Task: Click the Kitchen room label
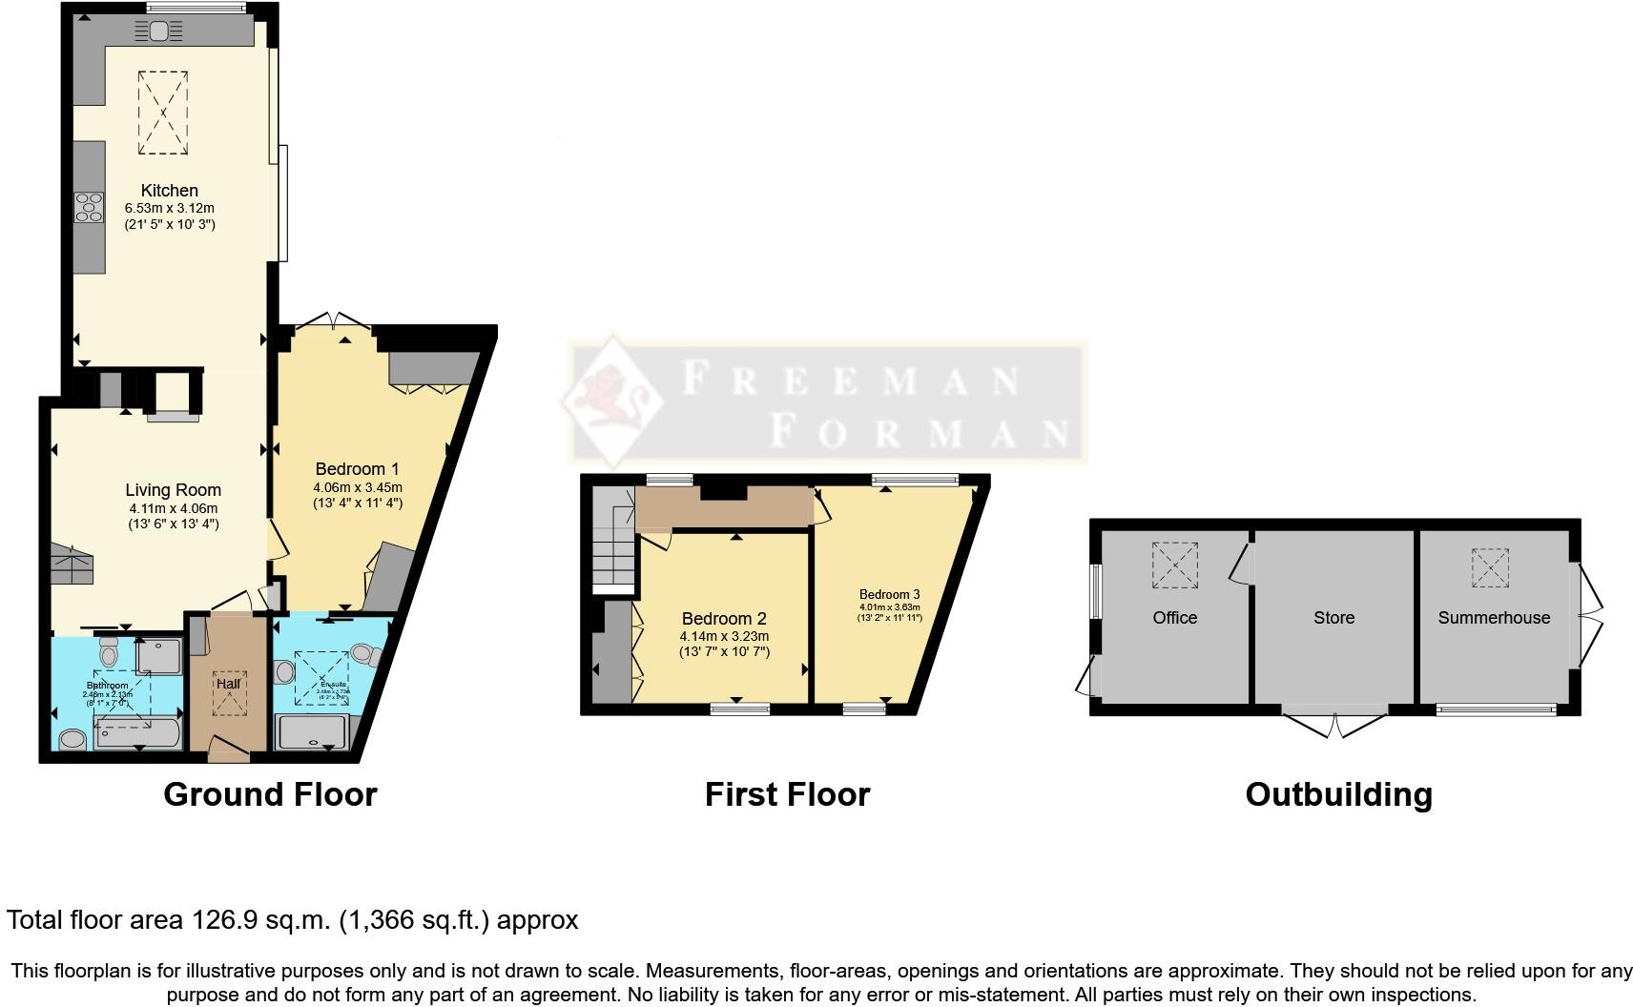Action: (169, 191)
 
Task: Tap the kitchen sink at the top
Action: (159, 31)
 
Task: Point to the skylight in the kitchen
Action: (164, 113)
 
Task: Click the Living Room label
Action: (173, 491)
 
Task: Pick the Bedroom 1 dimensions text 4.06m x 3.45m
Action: (358, 487)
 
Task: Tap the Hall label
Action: (228, 684)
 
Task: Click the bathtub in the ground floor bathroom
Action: (137, 734)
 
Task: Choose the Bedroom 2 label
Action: (724, 619)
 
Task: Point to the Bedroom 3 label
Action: (889, 594)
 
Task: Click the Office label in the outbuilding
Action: (1174, 618)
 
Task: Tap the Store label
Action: (1333, 618)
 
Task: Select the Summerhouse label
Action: (1494, 618)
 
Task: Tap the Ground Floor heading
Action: (270, 794)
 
